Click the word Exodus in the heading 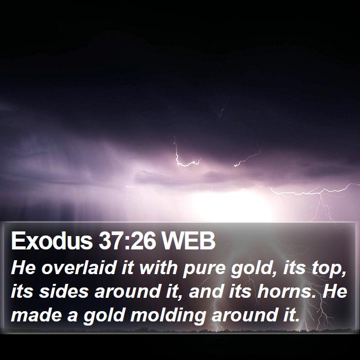click(51, 241)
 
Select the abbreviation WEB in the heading click(188, 241)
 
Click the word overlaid click(79, 268)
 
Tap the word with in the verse click(158, 268)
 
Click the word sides click(64, 291)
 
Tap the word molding click(168, 316)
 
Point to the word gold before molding click(104, 316)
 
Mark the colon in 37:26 click(127, 243)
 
